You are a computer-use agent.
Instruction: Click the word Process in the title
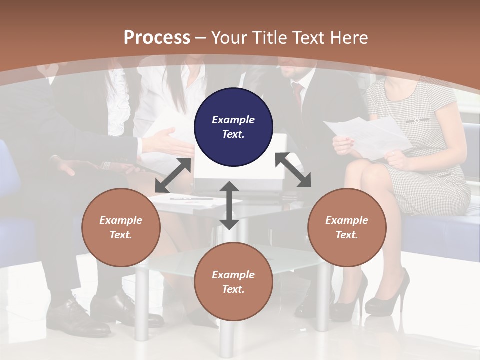click(157, 38)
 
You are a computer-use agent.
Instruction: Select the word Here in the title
click(349, 38)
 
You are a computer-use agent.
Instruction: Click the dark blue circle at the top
click(233, 127)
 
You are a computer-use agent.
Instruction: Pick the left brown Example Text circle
click(121, 227)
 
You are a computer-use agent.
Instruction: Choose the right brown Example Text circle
click(347, 227)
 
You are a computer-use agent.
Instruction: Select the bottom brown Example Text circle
click(233, 282)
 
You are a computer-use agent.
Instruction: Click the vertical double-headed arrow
click(229, 205)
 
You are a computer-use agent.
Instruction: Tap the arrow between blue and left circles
click(173, 175)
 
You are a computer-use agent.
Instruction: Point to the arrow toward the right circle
click(293, 170)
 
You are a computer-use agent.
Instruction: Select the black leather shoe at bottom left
click(77, 317)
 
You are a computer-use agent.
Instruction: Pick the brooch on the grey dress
click(416, 120)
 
